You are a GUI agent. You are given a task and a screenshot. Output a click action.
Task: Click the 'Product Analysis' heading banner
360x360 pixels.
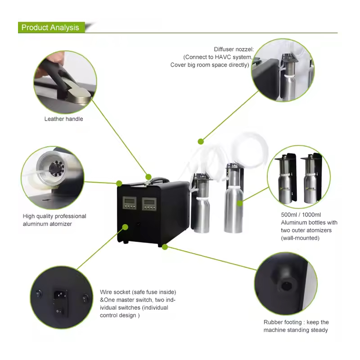click(50, 27)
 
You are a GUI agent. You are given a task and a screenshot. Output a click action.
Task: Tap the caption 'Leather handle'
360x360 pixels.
click(63, 119)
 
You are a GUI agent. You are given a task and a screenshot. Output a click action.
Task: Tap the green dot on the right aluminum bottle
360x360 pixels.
click(240, 203)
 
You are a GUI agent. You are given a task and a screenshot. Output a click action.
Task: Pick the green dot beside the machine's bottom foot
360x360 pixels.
click(165, 247)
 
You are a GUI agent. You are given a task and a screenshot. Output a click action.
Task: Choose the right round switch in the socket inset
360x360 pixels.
click(83, 297)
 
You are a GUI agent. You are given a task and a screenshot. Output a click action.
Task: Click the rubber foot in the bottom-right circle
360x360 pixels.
click(284, 285)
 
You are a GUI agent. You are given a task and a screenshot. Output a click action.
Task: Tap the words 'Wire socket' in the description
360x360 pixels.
click(115, 292)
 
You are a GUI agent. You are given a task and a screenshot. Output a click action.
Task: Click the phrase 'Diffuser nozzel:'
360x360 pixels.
click(234, 49)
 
